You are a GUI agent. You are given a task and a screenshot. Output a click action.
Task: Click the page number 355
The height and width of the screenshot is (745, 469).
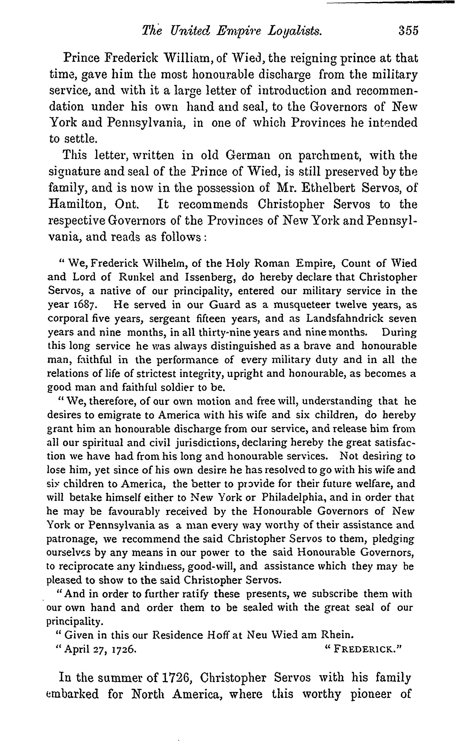(x=408, y=31)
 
